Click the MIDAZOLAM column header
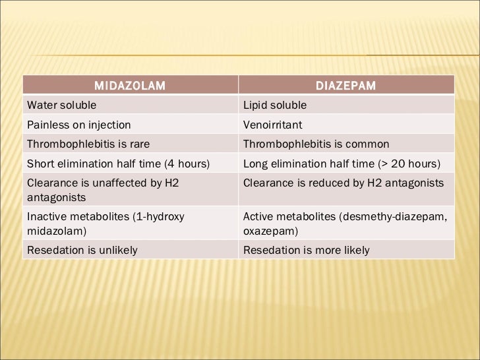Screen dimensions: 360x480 129,86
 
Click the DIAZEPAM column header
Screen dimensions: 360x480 346,86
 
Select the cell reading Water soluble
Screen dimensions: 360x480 61,105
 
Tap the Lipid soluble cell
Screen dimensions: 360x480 275,105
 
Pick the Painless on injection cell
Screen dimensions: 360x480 78,125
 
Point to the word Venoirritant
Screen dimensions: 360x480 273,125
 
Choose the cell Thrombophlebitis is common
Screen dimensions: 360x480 316,144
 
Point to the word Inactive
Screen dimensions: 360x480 45,216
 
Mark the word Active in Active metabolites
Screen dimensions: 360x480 259,216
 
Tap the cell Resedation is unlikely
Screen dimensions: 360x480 82,250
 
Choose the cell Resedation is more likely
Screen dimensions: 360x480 306,250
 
